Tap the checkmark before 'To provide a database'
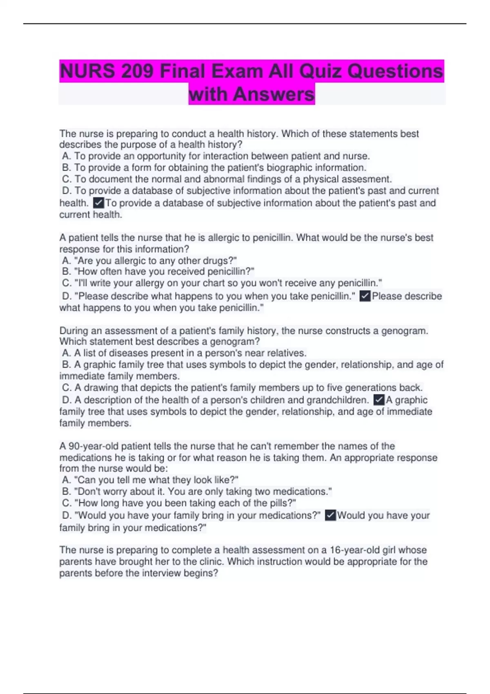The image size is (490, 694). pos(98,202)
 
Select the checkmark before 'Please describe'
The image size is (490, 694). pos(365,296)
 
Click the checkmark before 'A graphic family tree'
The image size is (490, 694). pos(379,400)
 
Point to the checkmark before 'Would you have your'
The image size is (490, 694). pos(330,515)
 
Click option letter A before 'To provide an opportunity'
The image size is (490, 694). pos(66,156)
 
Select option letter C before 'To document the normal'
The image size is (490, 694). pos(67,179)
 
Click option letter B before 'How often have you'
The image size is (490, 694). pos(66,271)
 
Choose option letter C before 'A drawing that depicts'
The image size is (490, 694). pos(67,387)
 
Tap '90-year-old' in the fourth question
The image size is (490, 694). pos(93,446)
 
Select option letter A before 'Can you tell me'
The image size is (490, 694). pos(66,480)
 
